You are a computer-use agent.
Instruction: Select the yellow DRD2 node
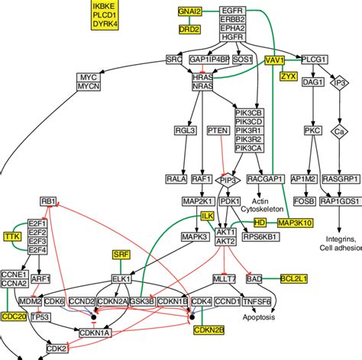[189, 30]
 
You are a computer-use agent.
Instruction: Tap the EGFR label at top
[232, 10]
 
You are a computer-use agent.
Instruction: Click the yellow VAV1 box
[274, 59]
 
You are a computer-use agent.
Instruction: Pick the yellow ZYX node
[288, 76]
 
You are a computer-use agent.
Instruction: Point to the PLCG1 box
[314, 59]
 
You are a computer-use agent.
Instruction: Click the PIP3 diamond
[229, 180]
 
